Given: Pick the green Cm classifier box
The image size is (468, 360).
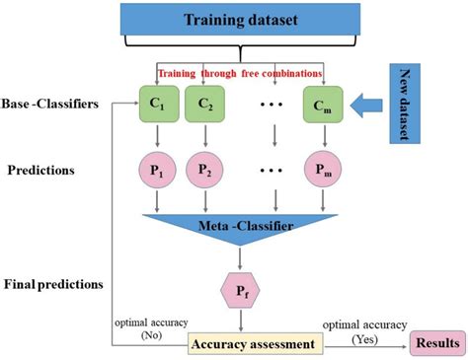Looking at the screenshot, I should [x=324, y=106].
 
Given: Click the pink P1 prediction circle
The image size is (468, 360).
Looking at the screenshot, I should [x=157, y=169].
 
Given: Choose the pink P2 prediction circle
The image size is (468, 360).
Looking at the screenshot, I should [x=205, y=169].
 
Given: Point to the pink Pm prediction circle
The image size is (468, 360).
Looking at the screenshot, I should [x=324, y=169].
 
